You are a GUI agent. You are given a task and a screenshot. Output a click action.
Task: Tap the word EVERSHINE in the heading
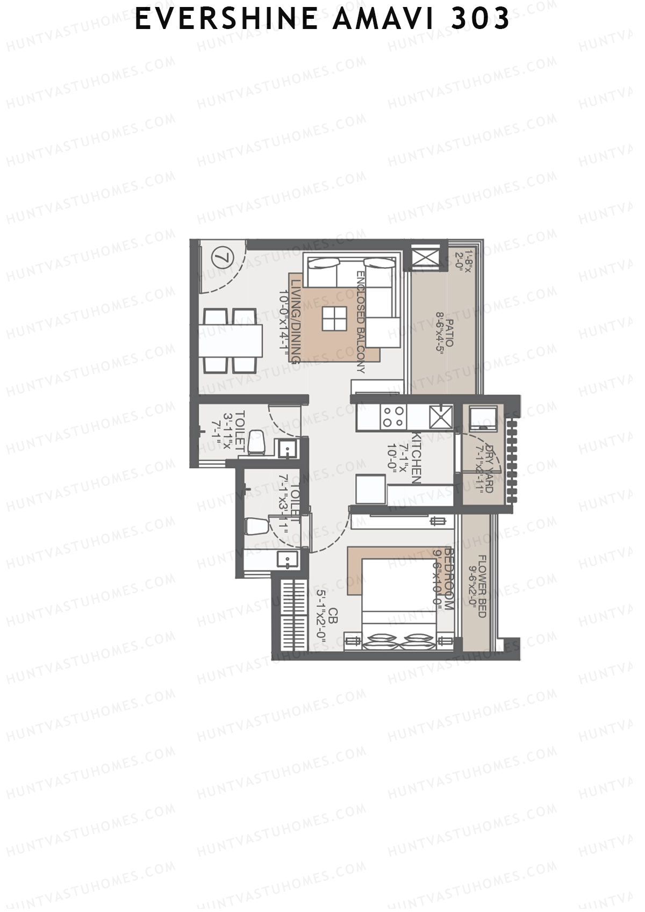(225, 19)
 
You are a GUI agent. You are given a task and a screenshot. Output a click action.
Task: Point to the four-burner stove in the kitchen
(393, 418)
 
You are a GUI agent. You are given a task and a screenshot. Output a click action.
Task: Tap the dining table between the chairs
(231, 341)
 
